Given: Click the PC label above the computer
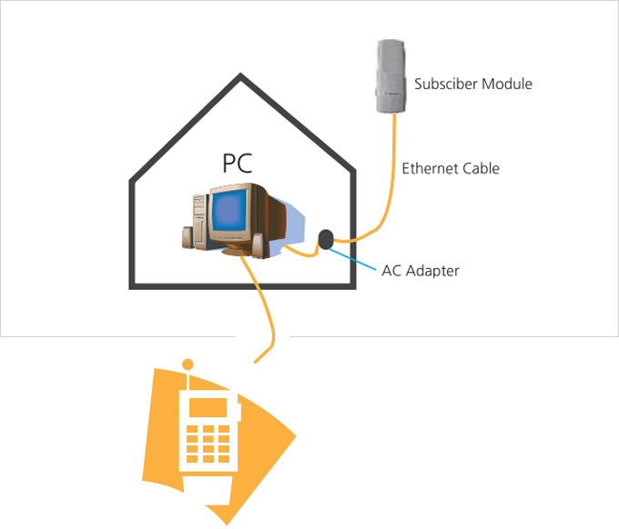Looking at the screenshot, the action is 238,164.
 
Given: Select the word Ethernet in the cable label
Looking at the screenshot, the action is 430,168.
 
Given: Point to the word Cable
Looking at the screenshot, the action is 481,168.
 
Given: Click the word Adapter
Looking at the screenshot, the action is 432,271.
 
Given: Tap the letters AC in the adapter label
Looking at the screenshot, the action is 391,271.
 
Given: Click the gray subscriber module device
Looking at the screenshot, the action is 391,76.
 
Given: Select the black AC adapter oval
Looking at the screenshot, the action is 326,239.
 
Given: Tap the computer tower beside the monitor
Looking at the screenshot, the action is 200,221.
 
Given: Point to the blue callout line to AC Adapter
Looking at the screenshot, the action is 352,259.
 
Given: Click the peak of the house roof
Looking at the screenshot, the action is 240,75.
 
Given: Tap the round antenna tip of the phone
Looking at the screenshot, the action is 188,364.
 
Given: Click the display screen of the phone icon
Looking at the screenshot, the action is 208,407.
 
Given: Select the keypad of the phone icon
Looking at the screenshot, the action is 208,444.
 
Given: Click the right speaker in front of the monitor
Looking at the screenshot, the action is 259,246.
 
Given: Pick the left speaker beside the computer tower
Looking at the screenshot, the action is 188,237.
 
